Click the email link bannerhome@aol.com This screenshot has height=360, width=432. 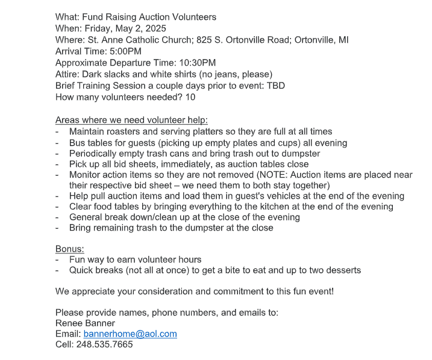[x=130, y=334]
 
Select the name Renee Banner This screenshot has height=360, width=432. [x=85, y=323]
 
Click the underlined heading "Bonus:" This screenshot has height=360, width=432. [x=70, y=249]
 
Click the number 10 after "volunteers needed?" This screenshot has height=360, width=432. [x=190, y=96]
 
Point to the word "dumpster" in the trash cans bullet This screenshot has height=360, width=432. [x=300, y=154]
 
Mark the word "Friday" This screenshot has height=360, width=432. [x=99, y=28]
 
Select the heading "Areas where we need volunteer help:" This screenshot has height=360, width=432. [x=131, y=120]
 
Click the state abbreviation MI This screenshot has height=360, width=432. [x=343, y=40]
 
